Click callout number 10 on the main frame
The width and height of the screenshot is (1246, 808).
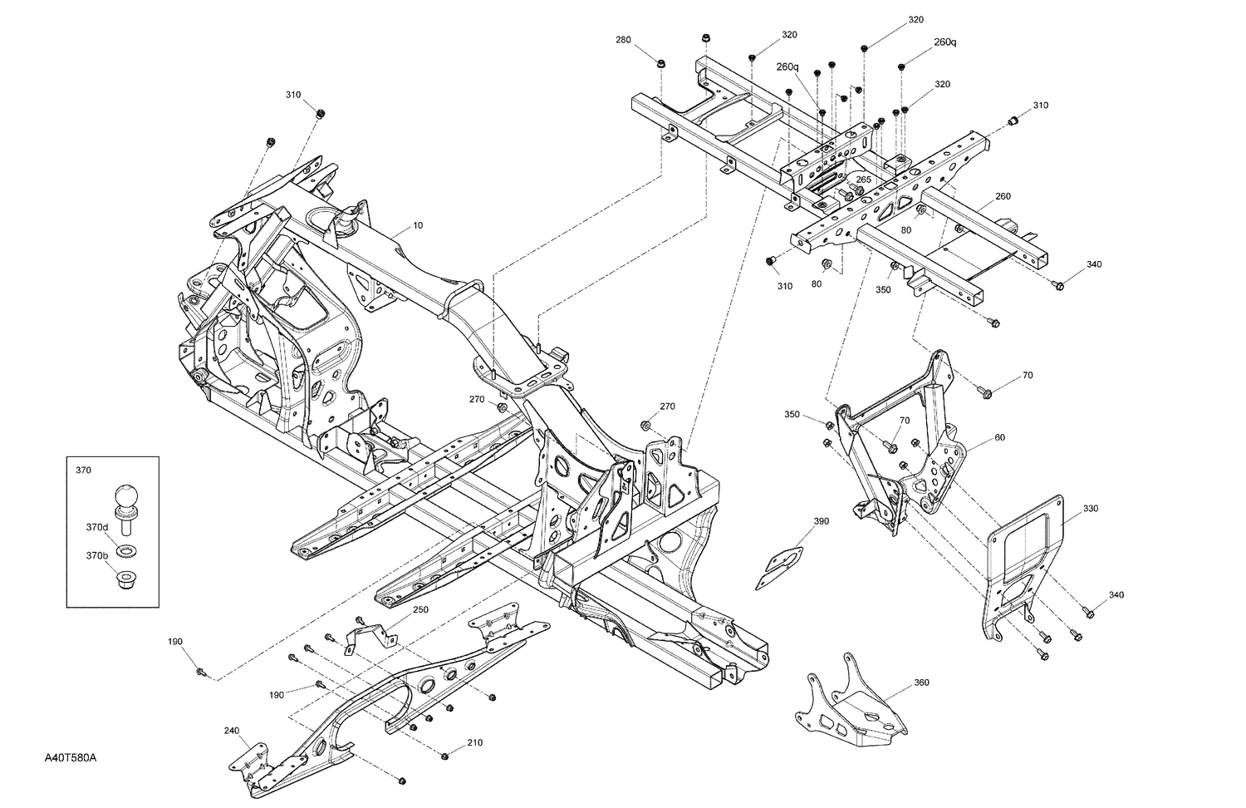coord(417,226)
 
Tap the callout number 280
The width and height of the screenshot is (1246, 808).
coord(623,40)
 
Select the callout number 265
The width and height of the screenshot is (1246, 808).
coord(863,180)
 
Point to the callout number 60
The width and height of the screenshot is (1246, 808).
coord(999,437)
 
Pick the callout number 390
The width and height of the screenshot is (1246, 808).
coord(821,521)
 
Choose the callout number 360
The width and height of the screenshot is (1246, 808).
coord(921,682)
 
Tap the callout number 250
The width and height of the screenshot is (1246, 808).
coord(420,609)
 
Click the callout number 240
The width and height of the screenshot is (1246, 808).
coord(231,731)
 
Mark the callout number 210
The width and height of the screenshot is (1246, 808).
coord(474,742)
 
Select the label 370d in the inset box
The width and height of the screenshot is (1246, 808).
coord(97,527)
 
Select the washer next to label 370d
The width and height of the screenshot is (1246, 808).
coord(127,550)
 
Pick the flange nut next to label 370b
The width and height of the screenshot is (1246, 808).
coord(127,578)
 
